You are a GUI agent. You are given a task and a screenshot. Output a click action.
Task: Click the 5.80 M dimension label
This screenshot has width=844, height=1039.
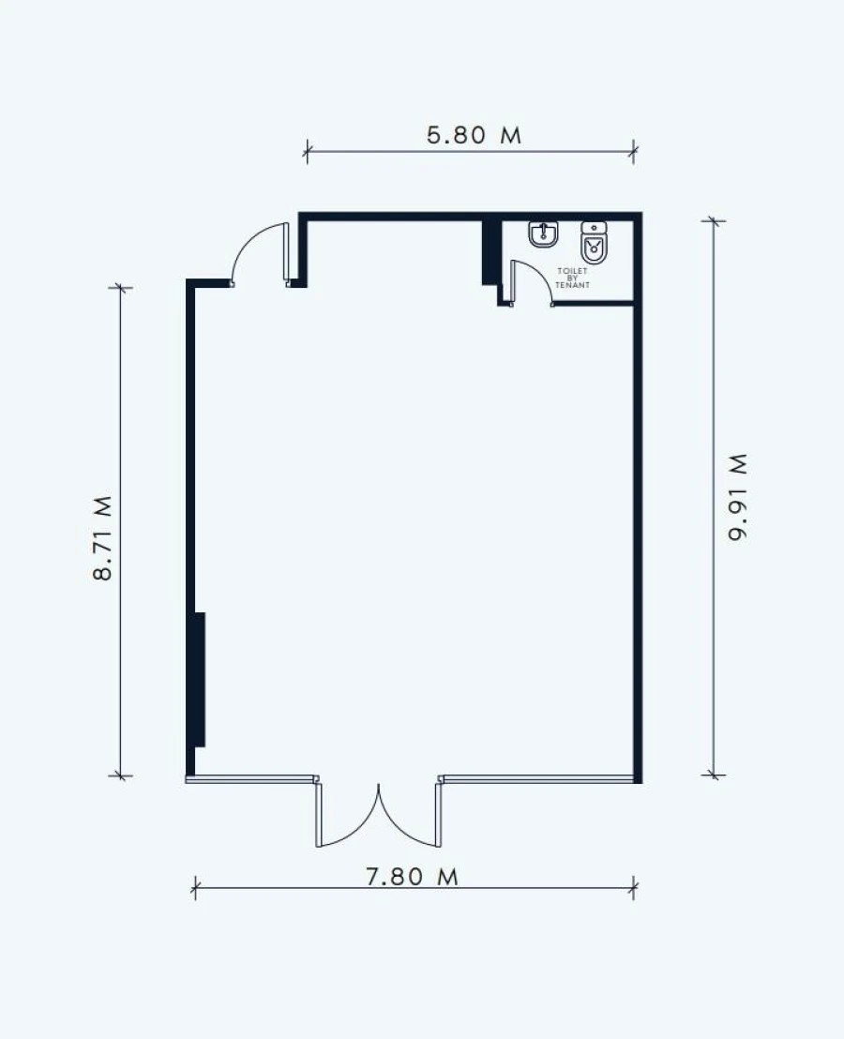click(x=474, y=135)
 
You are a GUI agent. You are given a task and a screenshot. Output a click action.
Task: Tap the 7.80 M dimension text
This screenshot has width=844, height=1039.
click(x=412, y=877)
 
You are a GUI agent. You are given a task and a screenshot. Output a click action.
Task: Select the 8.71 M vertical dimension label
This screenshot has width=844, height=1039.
click(x=102, y=538)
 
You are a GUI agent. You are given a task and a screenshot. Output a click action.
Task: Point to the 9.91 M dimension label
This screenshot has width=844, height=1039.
click(x=737, y=497)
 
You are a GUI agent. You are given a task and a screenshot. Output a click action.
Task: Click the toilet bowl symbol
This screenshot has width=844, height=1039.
click(x=594, y=242)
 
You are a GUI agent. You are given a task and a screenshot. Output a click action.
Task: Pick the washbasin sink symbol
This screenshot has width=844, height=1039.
click(x=543, y=234)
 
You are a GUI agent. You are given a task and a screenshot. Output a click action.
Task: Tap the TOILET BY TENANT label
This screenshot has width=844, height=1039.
click(x=572, y=278)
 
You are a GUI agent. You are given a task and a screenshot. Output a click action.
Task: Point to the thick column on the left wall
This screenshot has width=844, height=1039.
click(x=200, y=680)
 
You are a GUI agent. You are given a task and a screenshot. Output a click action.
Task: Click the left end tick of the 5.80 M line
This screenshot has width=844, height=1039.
click(x=306, y=152)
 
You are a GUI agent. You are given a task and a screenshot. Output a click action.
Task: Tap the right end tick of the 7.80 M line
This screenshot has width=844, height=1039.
click(x=634, y=889)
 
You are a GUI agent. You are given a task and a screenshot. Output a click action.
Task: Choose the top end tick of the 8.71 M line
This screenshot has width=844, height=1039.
click(x=120, y=288)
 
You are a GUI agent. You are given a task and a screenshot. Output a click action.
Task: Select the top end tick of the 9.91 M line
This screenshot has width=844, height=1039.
click(x=714, y=220)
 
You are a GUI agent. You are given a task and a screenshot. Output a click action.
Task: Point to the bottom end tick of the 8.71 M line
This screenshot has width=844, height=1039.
click(x=120, y=775)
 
